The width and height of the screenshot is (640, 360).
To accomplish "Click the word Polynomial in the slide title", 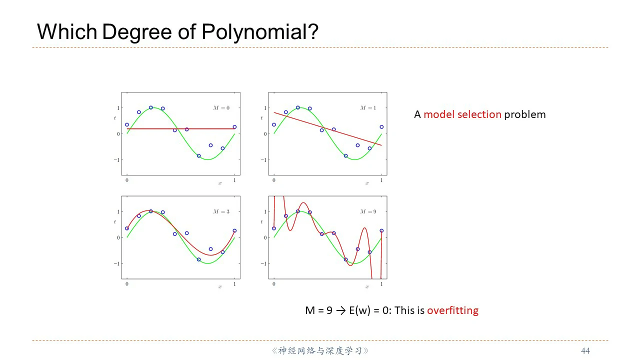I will (260, 32).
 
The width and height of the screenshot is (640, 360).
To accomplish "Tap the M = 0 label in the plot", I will (221, 107).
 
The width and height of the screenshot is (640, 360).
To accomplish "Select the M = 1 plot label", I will (368, 107).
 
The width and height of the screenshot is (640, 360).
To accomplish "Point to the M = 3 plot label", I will (221, 211).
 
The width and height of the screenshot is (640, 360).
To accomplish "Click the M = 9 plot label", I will (368, 211).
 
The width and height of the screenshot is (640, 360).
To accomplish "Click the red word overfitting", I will (452, 310).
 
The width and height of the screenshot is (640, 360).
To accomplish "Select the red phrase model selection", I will (462, 114).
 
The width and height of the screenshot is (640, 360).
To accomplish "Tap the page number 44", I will (585, 351).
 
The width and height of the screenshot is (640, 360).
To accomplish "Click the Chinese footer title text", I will (320, 350).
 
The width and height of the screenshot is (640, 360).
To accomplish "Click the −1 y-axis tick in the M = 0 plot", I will (117, 160).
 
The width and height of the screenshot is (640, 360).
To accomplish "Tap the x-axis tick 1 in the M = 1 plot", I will (381, 180).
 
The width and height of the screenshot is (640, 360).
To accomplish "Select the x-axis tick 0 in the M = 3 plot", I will (127, 284).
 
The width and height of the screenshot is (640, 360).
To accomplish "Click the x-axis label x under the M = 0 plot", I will (219, 183).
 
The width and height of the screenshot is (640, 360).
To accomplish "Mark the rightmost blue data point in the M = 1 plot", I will (381, 127).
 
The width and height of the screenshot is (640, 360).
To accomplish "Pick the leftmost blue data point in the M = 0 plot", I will (127, 124).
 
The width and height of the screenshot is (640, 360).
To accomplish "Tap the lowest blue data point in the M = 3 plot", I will (198, 259).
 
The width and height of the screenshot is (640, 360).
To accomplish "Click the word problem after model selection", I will (525, 114).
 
